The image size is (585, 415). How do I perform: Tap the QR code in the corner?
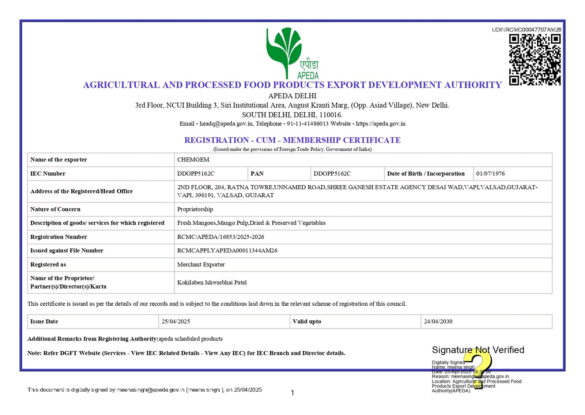535,60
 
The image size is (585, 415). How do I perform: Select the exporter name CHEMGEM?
193,160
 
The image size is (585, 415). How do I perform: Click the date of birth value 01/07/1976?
490,174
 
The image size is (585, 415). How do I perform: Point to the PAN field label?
257,174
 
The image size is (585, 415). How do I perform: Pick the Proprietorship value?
195,209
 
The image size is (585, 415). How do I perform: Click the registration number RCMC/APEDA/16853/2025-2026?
220,237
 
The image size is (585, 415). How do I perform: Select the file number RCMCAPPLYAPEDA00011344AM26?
227,251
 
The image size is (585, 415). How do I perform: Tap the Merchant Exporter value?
201,264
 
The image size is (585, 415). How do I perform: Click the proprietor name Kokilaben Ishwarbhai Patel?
212,282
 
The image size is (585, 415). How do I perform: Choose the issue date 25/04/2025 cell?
176,321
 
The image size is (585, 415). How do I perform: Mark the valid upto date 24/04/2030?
438,321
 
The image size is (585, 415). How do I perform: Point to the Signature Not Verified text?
478,350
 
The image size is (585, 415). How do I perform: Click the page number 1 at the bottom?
292,393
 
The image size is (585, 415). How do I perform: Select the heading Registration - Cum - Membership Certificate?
292,140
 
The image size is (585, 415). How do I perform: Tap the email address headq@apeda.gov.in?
226,123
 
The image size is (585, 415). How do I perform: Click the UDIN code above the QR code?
526,30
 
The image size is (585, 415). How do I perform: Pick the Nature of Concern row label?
55,209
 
